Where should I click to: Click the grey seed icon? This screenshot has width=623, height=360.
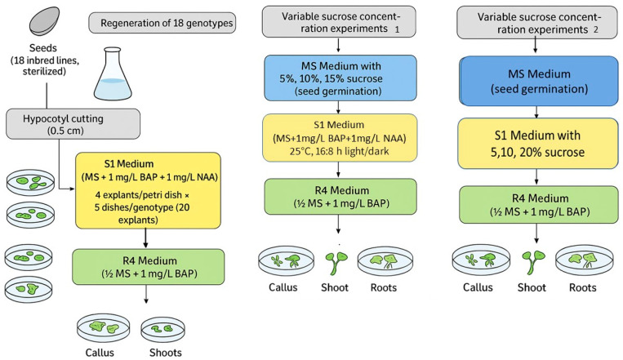tap(44, 21)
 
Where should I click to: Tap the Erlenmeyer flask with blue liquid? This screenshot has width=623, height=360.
tap(113, 73)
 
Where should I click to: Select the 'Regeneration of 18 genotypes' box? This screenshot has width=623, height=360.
tap(162, 23)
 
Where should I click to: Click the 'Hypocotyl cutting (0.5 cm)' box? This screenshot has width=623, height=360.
tap(73, 124)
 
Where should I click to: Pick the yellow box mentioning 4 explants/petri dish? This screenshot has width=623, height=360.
tap(148, 191)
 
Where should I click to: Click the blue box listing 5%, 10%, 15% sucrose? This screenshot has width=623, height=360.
tap(340, 78)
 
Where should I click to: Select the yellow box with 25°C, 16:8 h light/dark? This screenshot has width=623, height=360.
tap(340, 138)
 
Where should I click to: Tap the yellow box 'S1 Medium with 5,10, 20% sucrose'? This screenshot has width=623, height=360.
tap(538, 144)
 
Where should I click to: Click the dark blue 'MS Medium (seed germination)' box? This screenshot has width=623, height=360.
tap(539, 81)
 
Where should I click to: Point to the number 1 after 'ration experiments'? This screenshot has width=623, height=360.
tap(397, 30)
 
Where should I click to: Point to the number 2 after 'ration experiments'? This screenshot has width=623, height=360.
tap(595, 30)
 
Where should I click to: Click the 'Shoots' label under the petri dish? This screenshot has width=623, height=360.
tap(166, 353)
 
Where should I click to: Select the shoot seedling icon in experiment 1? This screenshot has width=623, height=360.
tap(336, 263)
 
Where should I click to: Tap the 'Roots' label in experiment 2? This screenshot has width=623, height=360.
tap(582, 287)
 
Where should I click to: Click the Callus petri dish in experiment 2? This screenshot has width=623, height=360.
tap(481, 260)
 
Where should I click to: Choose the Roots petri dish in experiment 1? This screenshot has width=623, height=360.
tap(385, 260)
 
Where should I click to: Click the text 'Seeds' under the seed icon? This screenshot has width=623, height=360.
tap(43, 48)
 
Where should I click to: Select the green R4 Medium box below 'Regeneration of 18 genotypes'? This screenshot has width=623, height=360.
tap(149, 267)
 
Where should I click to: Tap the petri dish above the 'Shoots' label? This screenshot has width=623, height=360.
tap(163, 330)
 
